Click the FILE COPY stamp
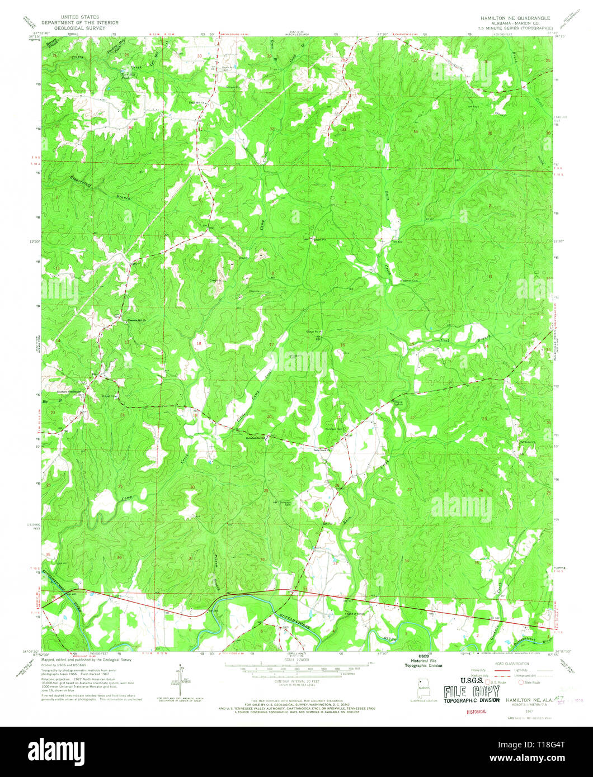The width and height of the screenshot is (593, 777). pyautogui.click(x=471, y=692)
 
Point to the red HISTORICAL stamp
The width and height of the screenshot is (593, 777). pyautogui.click(x=476, y=712)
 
